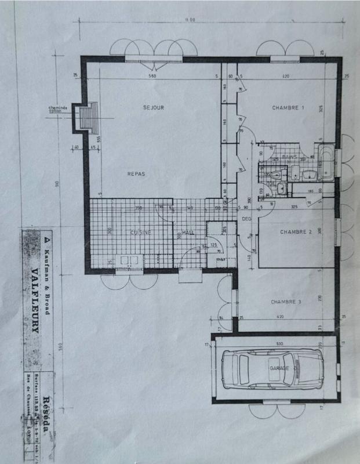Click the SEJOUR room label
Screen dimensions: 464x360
click(154, 107)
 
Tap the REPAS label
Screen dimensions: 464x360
click(136, 173)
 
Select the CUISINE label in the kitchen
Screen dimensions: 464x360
click(141, 232)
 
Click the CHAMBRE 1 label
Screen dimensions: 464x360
click(288, 107)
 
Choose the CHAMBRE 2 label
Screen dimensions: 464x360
click(296, 231)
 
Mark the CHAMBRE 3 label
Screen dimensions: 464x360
click(286, 302)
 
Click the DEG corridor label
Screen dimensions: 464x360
click(247, 219)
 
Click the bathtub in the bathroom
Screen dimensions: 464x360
click(325, 164)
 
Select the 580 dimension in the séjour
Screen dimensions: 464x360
click(152, 77)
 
